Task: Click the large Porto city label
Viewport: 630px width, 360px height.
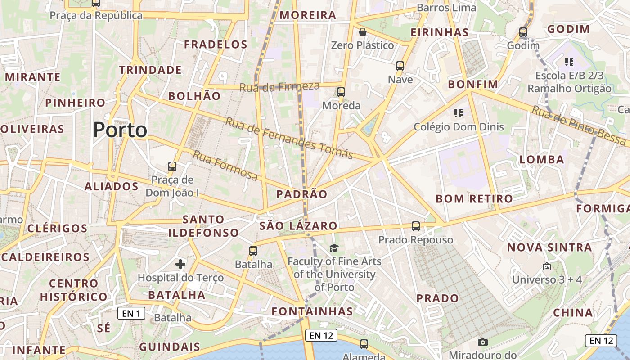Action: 120,130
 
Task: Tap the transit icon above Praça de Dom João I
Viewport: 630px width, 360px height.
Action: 172,166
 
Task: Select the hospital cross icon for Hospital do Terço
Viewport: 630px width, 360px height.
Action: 180,264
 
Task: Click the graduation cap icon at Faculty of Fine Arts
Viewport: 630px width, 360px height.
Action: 334,247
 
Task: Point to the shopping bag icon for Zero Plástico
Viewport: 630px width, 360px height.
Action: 362,32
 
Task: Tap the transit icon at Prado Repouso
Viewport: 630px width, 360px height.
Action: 416,226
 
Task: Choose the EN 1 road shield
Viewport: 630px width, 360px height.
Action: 131,313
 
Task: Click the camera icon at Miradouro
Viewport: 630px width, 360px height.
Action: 483,342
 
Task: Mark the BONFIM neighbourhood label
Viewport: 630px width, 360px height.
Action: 473,84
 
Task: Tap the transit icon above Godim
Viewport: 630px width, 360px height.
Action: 523,32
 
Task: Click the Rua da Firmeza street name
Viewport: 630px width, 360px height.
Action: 279,86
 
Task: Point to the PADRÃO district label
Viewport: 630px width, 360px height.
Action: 302,194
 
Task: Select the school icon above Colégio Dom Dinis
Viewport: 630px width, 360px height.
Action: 459,113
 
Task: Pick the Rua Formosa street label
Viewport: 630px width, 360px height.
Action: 225,166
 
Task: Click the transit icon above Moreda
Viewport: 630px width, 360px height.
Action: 341,92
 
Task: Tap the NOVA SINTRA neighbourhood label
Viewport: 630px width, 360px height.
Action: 549,247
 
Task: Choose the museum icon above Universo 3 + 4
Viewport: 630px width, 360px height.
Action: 547,266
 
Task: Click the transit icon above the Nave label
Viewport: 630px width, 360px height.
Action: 400,66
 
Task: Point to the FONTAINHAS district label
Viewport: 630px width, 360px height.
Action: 312,311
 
